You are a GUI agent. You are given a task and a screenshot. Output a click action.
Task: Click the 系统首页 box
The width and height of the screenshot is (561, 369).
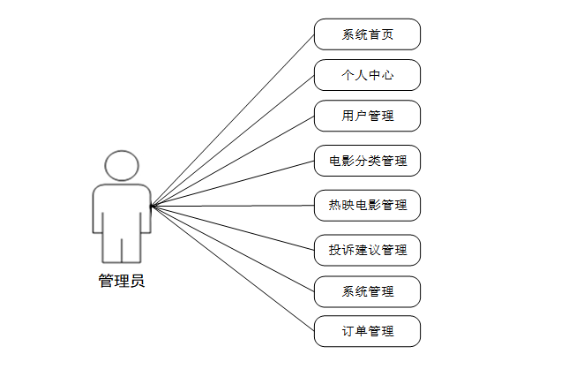(x=367, y=35)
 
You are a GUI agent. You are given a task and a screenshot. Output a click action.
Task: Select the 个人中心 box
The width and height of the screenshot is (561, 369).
(x=367, y=76)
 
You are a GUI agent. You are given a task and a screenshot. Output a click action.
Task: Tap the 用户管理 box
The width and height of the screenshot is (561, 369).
(x=367, y=116)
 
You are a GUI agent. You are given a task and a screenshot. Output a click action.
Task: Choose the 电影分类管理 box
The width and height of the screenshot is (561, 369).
(x=367, y=162)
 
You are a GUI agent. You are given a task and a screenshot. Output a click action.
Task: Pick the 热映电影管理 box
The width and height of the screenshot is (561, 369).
(x=367, y=205)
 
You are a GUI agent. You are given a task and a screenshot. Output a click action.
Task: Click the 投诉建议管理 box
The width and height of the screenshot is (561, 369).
(x=367, y=250)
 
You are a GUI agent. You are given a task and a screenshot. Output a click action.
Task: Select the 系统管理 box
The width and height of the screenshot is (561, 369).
(x=367, y=291)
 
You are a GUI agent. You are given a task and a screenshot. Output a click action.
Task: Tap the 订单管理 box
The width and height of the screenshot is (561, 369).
(x=367, y=332)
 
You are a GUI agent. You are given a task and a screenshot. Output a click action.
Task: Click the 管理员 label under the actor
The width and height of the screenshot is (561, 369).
(x=122, y=282)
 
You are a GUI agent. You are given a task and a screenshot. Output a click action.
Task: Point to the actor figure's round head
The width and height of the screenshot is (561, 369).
(x=122, y=167)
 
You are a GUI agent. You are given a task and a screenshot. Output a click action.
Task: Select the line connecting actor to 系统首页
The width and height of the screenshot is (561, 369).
(x=233, y=121)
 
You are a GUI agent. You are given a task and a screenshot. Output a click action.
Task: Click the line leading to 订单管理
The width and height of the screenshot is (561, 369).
(x=233, y=269)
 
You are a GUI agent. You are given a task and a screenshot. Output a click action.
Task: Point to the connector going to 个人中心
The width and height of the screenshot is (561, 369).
(x=233, y=141)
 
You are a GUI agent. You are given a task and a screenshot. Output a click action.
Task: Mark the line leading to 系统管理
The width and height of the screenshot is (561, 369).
(x=233, y=249)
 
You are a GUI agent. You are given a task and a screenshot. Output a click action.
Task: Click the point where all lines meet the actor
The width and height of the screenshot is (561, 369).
(x=152, y=207)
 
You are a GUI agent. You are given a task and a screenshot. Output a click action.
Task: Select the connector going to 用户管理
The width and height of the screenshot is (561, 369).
(x=233, y=162)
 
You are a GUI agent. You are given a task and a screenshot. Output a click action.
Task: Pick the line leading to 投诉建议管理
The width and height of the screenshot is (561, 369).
(x=233, y=229)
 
